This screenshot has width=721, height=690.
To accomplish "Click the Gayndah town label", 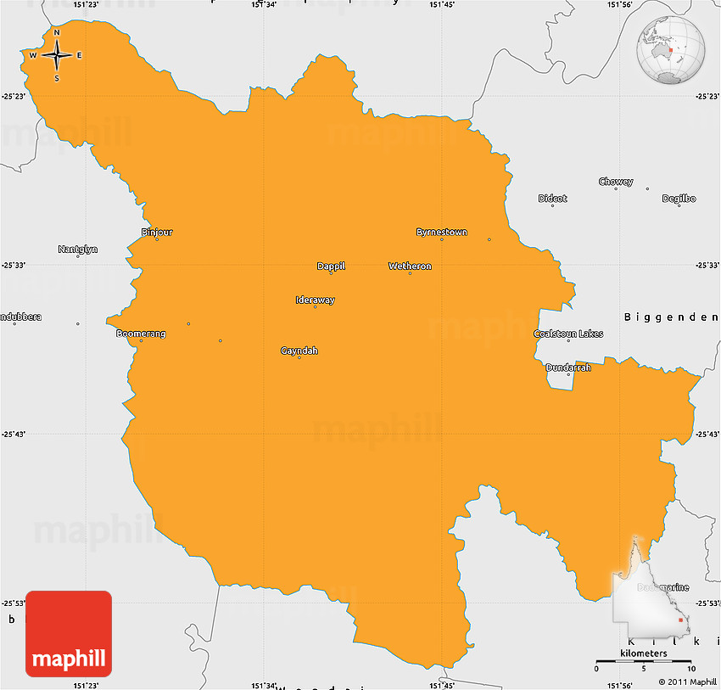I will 299,351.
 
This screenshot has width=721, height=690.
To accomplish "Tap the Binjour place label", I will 156,232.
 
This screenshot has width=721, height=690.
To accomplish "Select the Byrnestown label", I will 441,232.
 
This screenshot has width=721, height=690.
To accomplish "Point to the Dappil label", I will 331,266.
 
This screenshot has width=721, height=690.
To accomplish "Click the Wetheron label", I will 410,266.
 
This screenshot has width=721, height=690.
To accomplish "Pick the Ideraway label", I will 315,300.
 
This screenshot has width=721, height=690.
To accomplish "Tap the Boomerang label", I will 141,334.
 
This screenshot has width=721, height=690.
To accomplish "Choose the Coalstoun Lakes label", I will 568,334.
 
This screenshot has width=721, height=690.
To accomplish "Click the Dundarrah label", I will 568,367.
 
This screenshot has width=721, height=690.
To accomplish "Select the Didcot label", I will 552,199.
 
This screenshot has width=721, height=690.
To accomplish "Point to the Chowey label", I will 616,182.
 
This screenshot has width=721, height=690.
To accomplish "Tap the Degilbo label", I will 679,199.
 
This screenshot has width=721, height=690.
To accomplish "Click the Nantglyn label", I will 78,249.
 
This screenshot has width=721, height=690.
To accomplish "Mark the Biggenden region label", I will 670,317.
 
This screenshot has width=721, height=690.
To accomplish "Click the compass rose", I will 57,55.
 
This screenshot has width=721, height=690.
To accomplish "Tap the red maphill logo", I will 69,633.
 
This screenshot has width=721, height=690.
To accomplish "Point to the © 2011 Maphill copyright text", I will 687,682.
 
